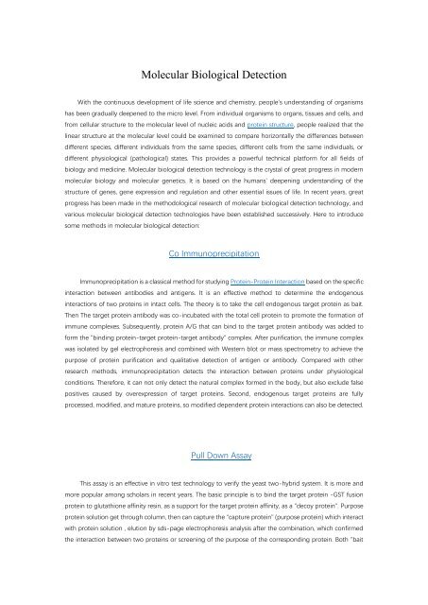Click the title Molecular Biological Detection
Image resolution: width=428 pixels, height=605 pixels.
point(214,74)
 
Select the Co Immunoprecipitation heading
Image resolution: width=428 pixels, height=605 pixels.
point(214,254)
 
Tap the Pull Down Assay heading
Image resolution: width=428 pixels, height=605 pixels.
point(214,455)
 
